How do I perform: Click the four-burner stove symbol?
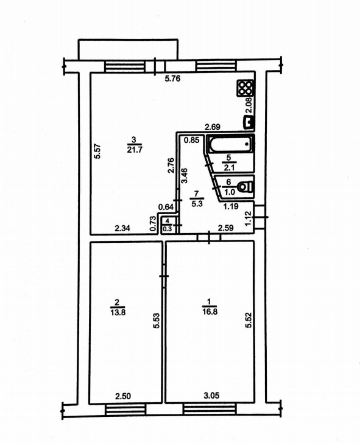point(245,88)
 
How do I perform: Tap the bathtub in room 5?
point(231,144)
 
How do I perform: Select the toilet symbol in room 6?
point(245,187)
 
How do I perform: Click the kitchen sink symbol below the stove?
point(249,123)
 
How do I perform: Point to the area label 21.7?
point(135,150)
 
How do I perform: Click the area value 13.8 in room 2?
point(118,312)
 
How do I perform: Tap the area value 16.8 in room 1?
point(210,312)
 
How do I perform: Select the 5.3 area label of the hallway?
point(197,203)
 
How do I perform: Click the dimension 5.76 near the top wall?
point(172,78)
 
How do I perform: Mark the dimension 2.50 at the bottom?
point(123,396)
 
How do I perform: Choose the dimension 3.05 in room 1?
point(211,396)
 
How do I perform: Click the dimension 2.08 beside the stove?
point(249,106)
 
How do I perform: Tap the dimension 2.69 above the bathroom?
point(213,127)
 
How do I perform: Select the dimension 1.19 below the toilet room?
point(231,206)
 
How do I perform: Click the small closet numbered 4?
point(168,225)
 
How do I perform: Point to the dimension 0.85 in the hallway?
point(191,140)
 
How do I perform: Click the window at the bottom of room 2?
point(125,409)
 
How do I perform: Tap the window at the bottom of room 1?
point(210,409)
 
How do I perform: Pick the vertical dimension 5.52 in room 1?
point(249,320)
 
